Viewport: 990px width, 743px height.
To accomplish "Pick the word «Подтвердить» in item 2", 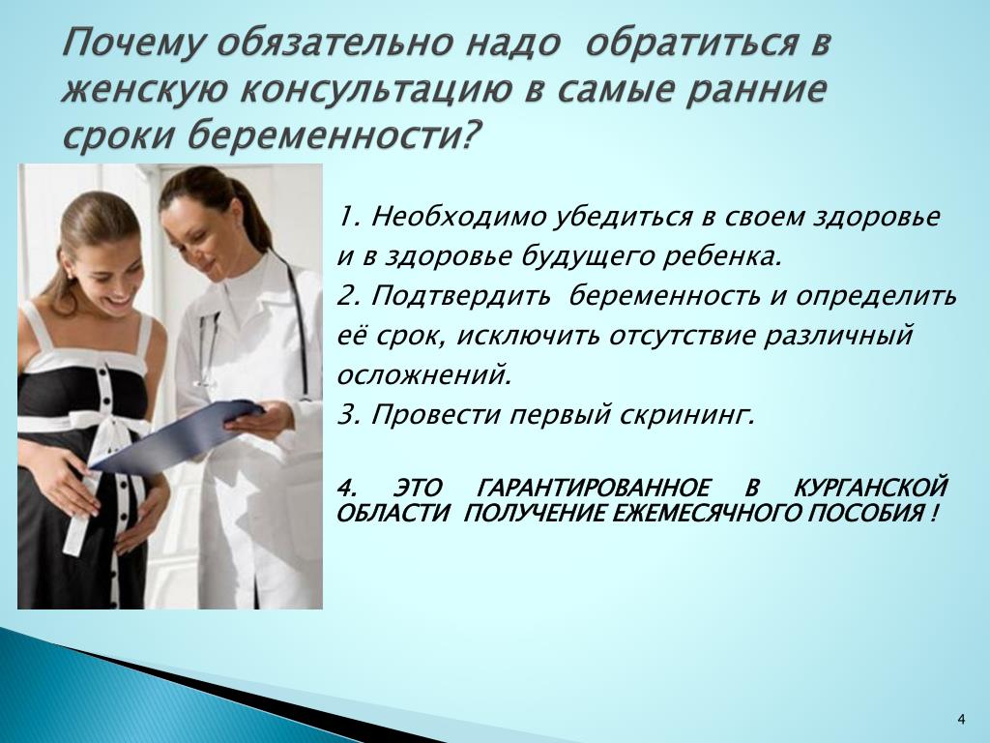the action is click(461, 297).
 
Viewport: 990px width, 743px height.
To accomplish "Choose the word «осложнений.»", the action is click(423, 375).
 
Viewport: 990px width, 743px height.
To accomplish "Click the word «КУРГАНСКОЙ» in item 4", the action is click(871, 489).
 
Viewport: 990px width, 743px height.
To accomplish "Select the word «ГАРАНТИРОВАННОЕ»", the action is click(593, 489).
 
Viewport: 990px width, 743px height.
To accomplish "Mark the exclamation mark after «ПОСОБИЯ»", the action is click(933, 513).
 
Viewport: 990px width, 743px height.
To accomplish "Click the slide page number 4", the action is click(962, 719).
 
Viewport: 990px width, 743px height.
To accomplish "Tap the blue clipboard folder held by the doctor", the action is click(177, 435).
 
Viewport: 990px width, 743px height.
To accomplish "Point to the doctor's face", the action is click(201, 234).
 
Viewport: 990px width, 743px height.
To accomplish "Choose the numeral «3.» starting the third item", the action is click(348, 416).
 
